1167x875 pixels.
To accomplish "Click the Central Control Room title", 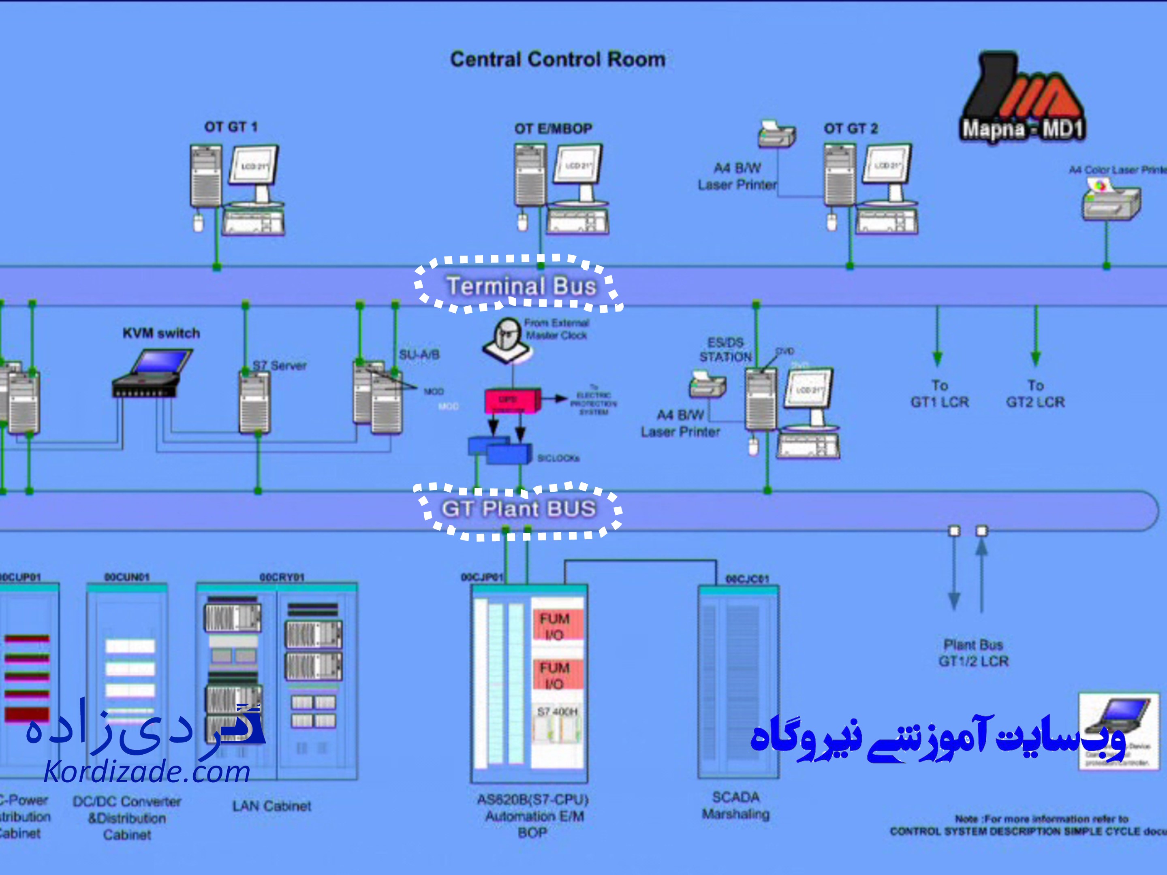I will point(558,59).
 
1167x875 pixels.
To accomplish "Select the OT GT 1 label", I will point(231,127).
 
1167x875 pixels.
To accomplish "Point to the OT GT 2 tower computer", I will point(839,176).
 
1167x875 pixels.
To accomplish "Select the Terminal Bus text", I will point(521,286).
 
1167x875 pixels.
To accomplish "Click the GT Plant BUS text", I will point(519,509).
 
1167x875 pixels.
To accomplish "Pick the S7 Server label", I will point(279,365).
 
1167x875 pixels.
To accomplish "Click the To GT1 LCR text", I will point(940,394).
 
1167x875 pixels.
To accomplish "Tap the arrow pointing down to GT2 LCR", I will point(1036,337).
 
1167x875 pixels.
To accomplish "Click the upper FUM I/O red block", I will point(555,625).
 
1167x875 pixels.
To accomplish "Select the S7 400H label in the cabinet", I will point(557,711).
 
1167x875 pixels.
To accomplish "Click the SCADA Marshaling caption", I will point(735,805).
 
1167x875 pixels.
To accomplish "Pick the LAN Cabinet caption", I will point(272,806).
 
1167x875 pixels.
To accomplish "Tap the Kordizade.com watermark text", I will point(147,772).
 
